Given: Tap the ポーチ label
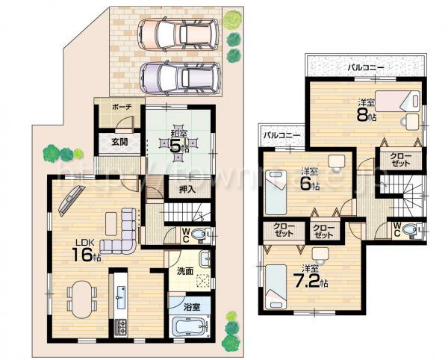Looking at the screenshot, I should coord(122,108).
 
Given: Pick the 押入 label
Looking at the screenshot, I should coord(187,190).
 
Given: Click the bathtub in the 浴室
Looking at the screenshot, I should coord(190,327).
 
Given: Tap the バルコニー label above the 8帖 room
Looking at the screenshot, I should coord(366,67).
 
